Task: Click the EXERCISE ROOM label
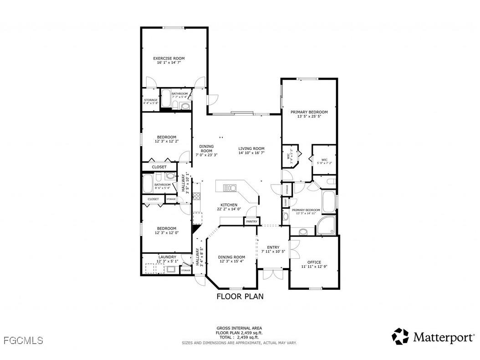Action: [169, 58]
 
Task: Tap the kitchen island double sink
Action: [230, 187]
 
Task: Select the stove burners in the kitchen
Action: [197, 196]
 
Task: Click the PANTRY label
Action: [252, 221]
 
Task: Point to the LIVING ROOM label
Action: [251, 149]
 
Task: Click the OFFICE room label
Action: [314, 262]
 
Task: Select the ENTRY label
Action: [273, 247]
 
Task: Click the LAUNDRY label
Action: [167, 257]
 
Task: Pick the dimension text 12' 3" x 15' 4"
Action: [232, 262]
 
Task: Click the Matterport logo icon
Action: [400, 336]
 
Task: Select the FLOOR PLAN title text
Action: [240, 296]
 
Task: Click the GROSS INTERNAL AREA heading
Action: [239, 328]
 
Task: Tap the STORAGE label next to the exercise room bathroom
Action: [151, 100]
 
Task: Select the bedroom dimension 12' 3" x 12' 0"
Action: [166, 233]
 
